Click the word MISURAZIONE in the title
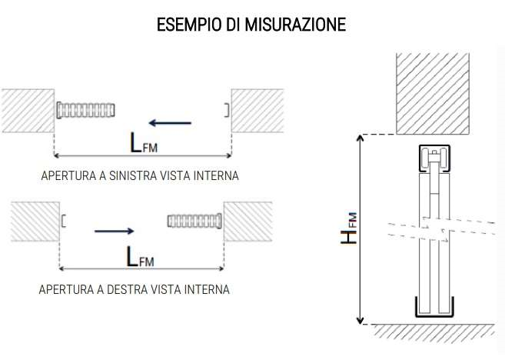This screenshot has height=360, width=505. (x=295, y=24)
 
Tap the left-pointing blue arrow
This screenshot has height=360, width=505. (x=170, y=123)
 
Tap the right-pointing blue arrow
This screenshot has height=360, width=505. (x=115, y=231)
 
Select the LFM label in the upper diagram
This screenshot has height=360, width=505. (x=144, y=142)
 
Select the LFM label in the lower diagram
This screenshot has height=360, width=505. (x=140, y=257)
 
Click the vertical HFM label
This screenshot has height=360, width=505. (x=349, y=228)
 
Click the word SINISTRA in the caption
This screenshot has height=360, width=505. (x=133, y=175)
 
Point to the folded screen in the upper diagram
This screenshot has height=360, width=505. (x=85, y=110)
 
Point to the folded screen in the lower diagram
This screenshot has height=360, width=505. (x=194, y=221)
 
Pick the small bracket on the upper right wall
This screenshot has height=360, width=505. (x=227, y=110)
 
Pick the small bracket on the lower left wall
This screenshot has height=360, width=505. (x=64, y=221)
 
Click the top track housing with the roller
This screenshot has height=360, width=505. (x=434, y=158)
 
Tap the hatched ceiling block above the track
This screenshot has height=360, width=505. (x=433, y=94)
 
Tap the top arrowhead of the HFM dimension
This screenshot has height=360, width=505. (x=360, y=138)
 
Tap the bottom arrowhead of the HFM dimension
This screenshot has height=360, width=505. (x=360, y=321)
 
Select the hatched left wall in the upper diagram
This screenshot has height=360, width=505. (x=28, y=111)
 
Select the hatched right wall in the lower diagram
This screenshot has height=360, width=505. (x=248, y=222)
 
